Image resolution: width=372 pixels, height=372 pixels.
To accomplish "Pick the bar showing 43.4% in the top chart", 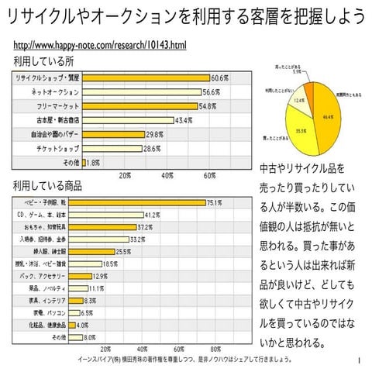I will click(127, 120).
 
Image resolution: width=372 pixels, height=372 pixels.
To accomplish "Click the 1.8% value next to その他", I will click(93, 163).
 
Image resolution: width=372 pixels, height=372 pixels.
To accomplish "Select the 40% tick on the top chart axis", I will click(167, 175).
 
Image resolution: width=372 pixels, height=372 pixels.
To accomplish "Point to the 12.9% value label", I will click(100, 276).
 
